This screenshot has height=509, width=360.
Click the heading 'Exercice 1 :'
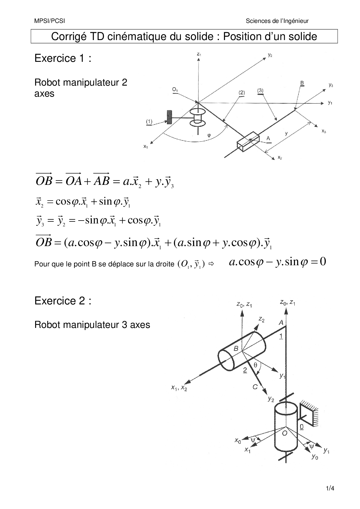tap(63, 58)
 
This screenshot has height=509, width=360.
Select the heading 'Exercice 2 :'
tap(63, 301)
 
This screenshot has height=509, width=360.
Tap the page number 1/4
tap(330, 488)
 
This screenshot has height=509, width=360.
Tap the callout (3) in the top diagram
tap(260, 91)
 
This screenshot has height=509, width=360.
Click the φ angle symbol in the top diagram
tap(208, 135)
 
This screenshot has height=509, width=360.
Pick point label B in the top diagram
tap(302, 83)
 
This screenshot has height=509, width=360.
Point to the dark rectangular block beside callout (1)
tap(169, 117)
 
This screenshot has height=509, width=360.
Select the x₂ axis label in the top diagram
tap(280, 158)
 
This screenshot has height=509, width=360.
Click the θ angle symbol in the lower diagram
tap(255, 365)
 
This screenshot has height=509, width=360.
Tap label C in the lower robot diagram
tap(255, 387)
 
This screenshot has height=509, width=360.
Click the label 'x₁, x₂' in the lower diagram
tap(179, 388)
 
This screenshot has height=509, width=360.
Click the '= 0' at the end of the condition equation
tap(318, 262)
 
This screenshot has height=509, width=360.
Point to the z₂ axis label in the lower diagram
tap(261, 320)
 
